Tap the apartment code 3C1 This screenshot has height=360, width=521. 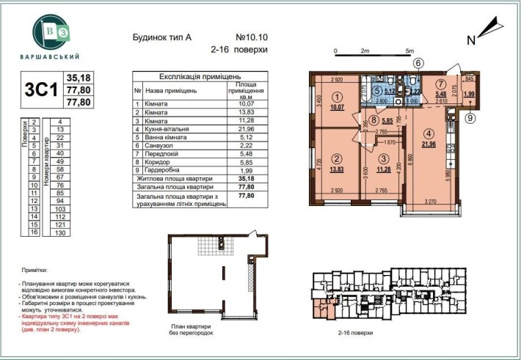pos(43,89)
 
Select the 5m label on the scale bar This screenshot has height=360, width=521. pos(409,51)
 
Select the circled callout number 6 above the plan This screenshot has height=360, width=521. pos(418,62)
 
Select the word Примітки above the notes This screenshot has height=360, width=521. pos(34,271)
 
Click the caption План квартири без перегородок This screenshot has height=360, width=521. pos(192,331)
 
